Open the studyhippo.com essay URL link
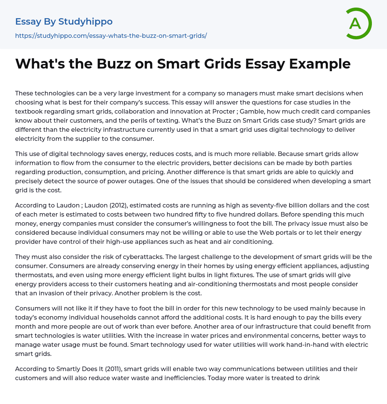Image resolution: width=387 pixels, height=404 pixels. point(111,36)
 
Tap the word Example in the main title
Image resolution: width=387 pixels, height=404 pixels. point(320,64)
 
